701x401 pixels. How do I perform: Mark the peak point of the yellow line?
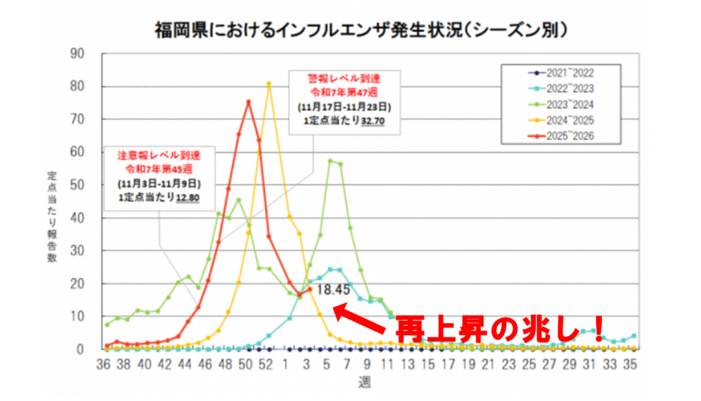coord(269,83)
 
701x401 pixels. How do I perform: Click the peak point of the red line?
coord(248,102)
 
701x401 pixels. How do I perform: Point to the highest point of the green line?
coord(330,161)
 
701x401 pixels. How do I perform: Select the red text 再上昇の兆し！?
coord(500,329)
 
